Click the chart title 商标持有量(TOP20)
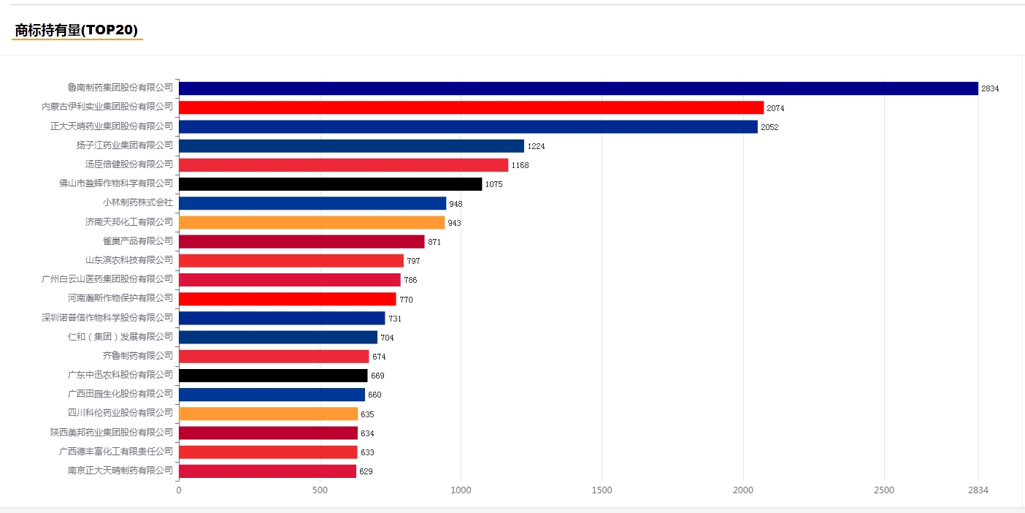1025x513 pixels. pos(77,30)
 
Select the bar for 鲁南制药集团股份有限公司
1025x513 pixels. pos(578,88)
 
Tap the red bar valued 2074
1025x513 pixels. pos(472,107)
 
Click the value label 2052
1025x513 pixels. pos(769,127)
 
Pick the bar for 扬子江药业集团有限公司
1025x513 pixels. pos(351,146)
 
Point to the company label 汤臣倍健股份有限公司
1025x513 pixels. pos(129,164)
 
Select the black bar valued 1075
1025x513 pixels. pos(331,184)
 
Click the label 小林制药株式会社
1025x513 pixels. pos(138,202)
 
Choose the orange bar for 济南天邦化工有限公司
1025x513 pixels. pos(312,223)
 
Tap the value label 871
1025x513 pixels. pos(434,242)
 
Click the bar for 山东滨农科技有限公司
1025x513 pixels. pos(291,261)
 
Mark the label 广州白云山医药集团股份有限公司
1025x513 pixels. pos(107,279)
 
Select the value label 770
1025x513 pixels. pos(406,300)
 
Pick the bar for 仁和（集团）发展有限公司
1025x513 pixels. pos(278,338)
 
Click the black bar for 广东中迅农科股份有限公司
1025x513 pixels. pos(273,376)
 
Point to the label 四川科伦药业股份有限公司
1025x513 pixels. pos(120,413)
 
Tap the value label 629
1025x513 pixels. pos(366,471)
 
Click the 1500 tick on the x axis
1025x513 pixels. pos(602,490)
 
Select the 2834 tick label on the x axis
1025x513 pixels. pos(978,490)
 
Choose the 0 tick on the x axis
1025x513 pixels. pos(179,490)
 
